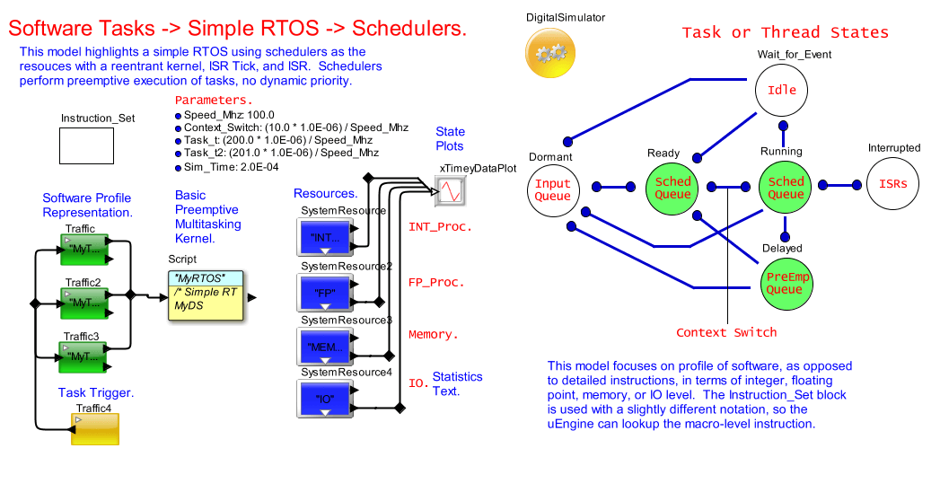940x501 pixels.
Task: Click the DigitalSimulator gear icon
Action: click(549, 53)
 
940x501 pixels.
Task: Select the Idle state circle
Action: click(781, 91)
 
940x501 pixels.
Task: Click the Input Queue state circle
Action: click(552, 189)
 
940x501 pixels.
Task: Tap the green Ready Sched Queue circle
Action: click(672, 188)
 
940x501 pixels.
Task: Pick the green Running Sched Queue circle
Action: click(786, 188)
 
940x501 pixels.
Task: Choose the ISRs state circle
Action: click(893, 185)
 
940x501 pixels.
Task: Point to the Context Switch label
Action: click(726, 332)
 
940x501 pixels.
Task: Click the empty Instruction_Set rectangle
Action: click(86, 145)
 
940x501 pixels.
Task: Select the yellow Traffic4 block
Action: click(95, 429)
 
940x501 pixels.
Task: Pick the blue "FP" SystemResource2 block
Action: click(326, 293)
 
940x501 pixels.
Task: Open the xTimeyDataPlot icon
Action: click(449, 190)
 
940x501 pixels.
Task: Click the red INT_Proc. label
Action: click(440, 227)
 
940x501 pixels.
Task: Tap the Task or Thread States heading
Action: click(785, 33)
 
